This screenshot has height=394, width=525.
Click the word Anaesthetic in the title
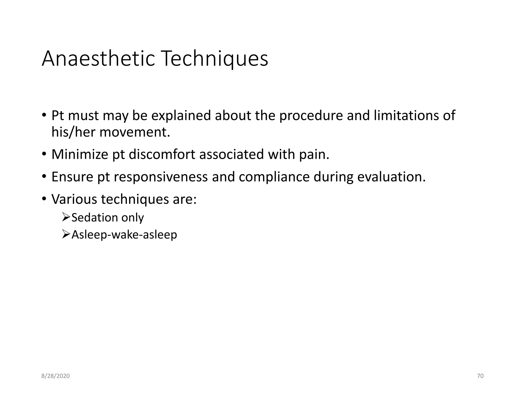click(x=98, y=59)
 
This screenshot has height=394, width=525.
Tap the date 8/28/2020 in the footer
click(x=55, y=376)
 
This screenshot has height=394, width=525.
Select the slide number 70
click(x=480, y=376)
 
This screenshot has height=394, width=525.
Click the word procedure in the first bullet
click(x=311, y=116)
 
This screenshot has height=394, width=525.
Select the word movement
click(x=135, y=132)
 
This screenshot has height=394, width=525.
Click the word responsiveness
click(x=161, y=177)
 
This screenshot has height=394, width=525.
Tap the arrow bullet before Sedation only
click(x=66, y=217)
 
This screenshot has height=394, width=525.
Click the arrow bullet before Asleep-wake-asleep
click(x=66, y=234)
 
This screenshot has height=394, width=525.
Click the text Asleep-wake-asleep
click(x=124, y=235)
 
